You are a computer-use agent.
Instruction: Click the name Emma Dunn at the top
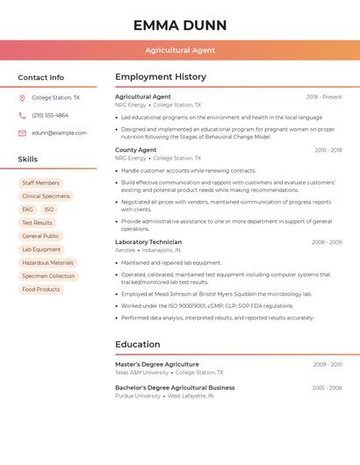pyautogui.click(x=180, y=25)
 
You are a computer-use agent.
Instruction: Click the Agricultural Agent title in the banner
pyautogui.click(x=180, y=50)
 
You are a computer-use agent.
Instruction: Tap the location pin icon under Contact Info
pyautogui.click(x=22, y=98)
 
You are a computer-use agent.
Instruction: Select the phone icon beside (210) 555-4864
pyautogui.click(x=22, y=115)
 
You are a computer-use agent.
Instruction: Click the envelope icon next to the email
pyautogui.click(x=22, y=132)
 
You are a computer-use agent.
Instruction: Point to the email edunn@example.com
pyautogui.click(x=59, y=132)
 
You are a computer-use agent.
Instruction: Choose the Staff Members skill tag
pyautogui.click(x=40, y=182)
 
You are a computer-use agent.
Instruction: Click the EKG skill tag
pyautogui.click(x=27, y=210)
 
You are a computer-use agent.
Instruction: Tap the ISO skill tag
pyautogui.click(x=49, y=210)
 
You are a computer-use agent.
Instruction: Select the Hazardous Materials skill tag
pyautogui.click(x=47, y=262)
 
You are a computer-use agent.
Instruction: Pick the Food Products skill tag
pyautogui.click(x=40, y=289)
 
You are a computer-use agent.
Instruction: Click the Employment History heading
pyautogui.click(x=161, y=77)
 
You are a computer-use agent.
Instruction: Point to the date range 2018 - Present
pyautogui.click(x=324, y=97)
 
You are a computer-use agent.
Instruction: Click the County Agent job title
pyautogui.click(x=135, y=150)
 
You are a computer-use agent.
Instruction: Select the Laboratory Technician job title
pyautogui.click(x=148, y=242)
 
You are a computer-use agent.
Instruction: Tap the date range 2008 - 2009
pyautogui.click(x=327, y=242)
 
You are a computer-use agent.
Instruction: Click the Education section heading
pyautogui.click(x=138, y=344)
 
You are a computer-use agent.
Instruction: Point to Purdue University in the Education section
pyautogui.click(x=138, y=396)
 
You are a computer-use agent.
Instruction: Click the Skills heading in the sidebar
pyautogui.click(x=28, y=159)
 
